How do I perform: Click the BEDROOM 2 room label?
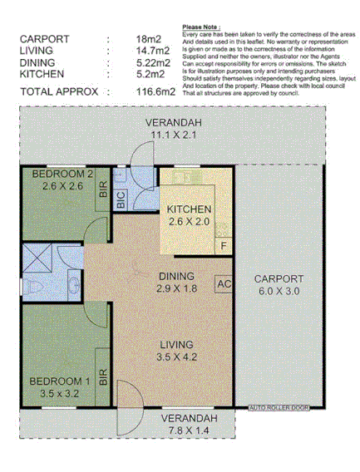click(x=62, y=174)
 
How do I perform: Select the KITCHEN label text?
click(x=189, y=209)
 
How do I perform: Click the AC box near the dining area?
click(x=223, y=283)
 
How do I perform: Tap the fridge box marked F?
click(x=223, y=246)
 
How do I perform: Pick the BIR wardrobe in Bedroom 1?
click(x=103, y=380)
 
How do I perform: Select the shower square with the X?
click(x=37, y=257)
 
